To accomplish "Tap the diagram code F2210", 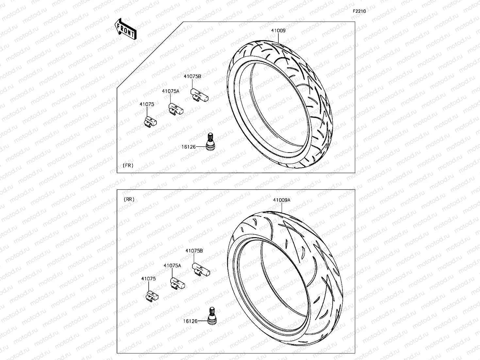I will coord(359,11).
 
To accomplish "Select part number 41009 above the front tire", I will coord(278,31).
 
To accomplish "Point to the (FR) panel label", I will coord(128,166).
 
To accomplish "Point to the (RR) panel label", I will coord(129,200).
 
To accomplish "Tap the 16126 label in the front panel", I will coord(189,147).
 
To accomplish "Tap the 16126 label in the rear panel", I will coord(190,321).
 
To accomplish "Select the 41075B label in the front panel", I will coord(192,76).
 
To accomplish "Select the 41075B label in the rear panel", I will coord(194,251).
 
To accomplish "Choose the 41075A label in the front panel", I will coord(171,91).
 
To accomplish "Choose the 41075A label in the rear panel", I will coord(172,266).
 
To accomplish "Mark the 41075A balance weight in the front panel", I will coord(176,109).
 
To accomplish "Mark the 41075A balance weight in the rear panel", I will coord(177,283).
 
